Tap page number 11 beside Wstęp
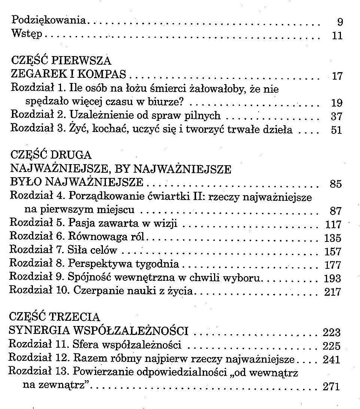coord(337,36)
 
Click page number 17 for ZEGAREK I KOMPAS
coord(337,77)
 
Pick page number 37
coord(337,117)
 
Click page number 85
coord(336,184)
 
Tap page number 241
coord(332,360)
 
